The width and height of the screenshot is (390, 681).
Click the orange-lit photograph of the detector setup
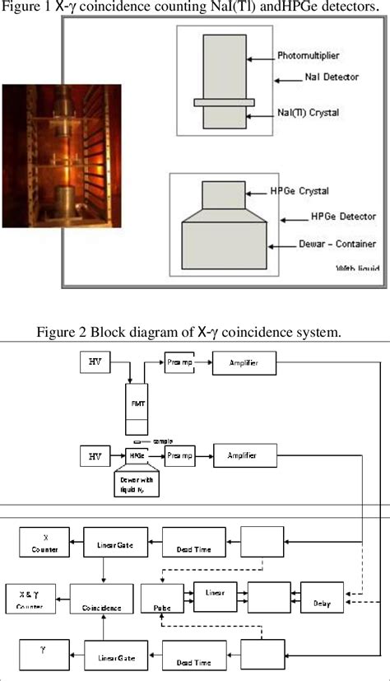pyautogui.click(x=61, y=156)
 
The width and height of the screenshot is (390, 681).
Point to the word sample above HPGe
pyautogui.click(x=163, y=442)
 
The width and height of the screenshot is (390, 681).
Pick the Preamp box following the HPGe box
pyautogui.click(x=180, y=455)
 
